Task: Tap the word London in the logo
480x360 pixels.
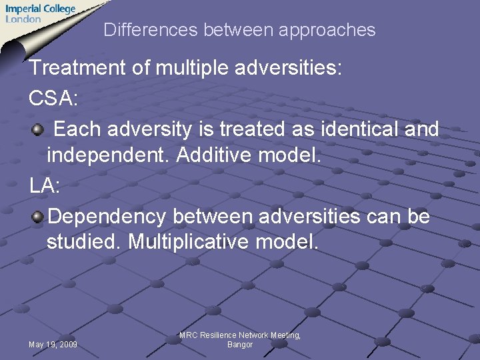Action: pos(23,19)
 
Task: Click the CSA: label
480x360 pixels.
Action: pos(53,99)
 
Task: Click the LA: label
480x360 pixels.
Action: pos(45,187)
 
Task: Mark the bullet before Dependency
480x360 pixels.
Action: pos(38,217)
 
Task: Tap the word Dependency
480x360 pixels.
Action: pos(107,217)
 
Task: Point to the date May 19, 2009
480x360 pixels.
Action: pos(53,345)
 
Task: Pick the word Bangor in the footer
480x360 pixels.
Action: pos(240,345)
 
